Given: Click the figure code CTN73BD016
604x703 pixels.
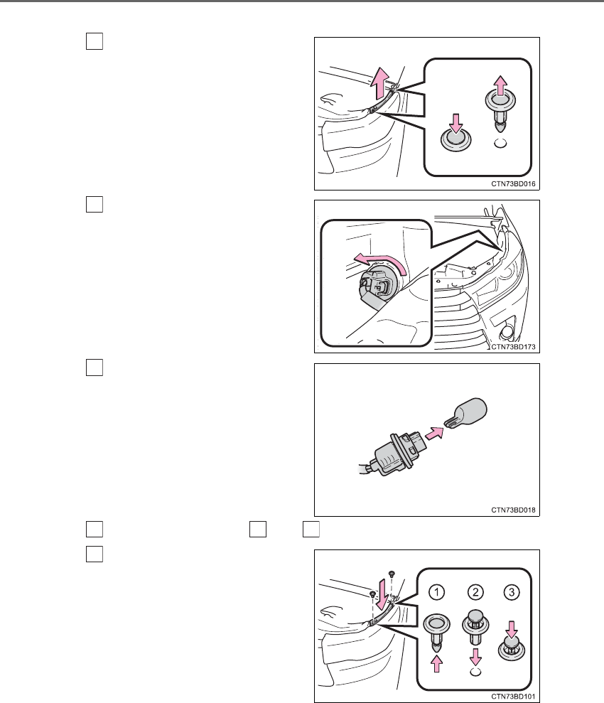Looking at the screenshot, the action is tap(513, 184).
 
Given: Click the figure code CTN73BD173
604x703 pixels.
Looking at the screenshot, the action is tap(513, 347).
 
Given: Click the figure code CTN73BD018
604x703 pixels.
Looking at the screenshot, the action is tap(513, 510).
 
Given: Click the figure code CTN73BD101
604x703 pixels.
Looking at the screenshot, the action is tap(513, 697).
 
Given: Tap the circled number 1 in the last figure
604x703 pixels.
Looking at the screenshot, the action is tap(436, 592).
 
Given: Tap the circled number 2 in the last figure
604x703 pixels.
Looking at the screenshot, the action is tap(475, 592).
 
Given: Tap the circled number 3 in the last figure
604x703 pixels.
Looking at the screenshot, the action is tap(512, 592).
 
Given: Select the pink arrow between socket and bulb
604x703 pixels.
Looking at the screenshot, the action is tap(433, 434).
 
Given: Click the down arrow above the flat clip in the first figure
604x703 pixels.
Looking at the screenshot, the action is tap(455, 123).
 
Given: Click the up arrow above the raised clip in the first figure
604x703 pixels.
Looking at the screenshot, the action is tap(500, 85).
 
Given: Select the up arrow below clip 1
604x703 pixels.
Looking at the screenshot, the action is tap(436, 663).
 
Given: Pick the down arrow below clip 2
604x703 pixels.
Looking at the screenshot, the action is tap(475, 657).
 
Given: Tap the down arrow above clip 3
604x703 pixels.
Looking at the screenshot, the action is tap(512, 629).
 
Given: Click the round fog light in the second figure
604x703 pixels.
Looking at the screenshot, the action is tap(507, 332).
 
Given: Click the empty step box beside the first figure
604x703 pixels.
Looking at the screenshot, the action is tap(94, 41).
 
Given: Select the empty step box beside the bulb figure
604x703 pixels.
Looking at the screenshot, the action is tap(94, 367).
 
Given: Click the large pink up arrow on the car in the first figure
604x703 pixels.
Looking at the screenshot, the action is tap(381, 83).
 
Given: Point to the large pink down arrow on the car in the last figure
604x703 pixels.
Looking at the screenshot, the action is tap(382, 594).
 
